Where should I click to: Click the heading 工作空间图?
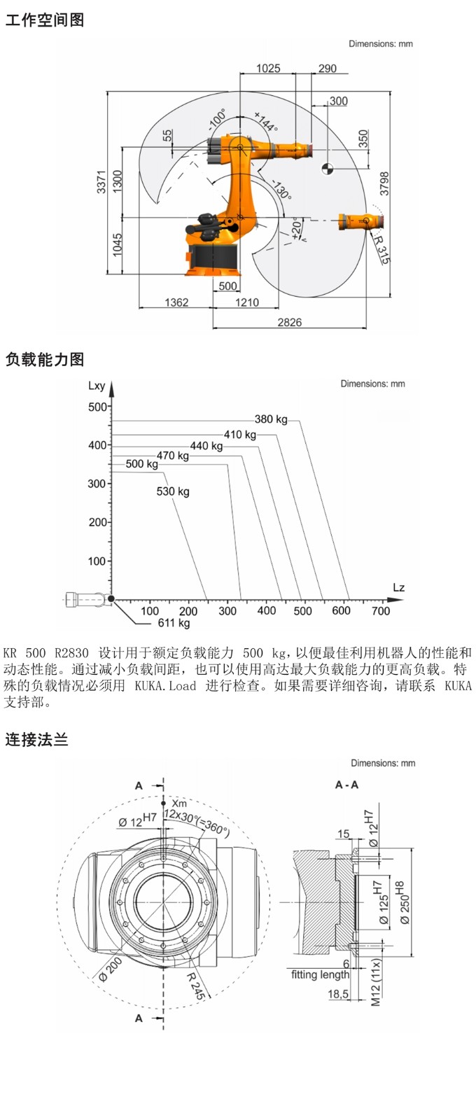(x=45, y=20)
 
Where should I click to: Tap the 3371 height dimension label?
(x=101, y=182)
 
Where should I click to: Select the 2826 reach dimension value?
(x=289, y=322)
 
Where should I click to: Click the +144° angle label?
(x=266, y=122)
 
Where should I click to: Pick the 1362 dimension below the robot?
(x=176, y=302)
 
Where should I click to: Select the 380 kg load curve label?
(x=271, y=419)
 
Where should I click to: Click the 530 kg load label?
(x=173, y=491)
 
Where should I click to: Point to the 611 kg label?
(x=174, y=623)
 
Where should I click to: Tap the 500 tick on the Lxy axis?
(x=97, y=407)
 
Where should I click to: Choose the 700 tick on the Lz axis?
(x=381, y=611)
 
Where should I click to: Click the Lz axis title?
(x=398, y=587)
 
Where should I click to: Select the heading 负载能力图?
(x=45, y=360)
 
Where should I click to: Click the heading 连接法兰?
(x=36, y=739)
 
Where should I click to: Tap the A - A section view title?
(x=346, y=785)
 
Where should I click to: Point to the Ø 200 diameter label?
(x=110, y=969)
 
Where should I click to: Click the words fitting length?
(x=320, y=974)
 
